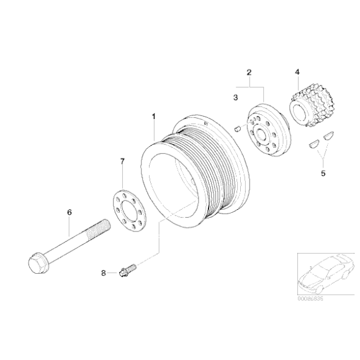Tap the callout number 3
click(x=235, y=97)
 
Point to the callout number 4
click(x=297, y=72)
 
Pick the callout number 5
click(x=323, y=174)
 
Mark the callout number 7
click(x=122, y=161)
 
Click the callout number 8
click(x=104, y=272)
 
